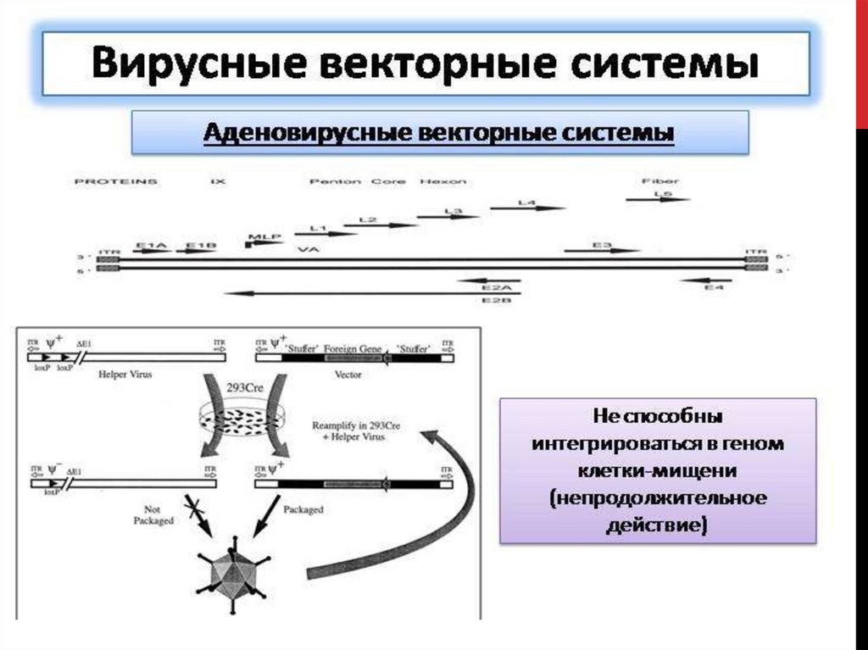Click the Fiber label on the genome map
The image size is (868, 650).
(662, 181)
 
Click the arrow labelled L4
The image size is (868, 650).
(540, 208)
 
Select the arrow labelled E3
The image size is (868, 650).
(603, 250)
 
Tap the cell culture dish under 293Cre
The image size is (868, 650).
(244, 416)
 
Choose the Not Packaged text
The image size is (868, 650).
(153, 515)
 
